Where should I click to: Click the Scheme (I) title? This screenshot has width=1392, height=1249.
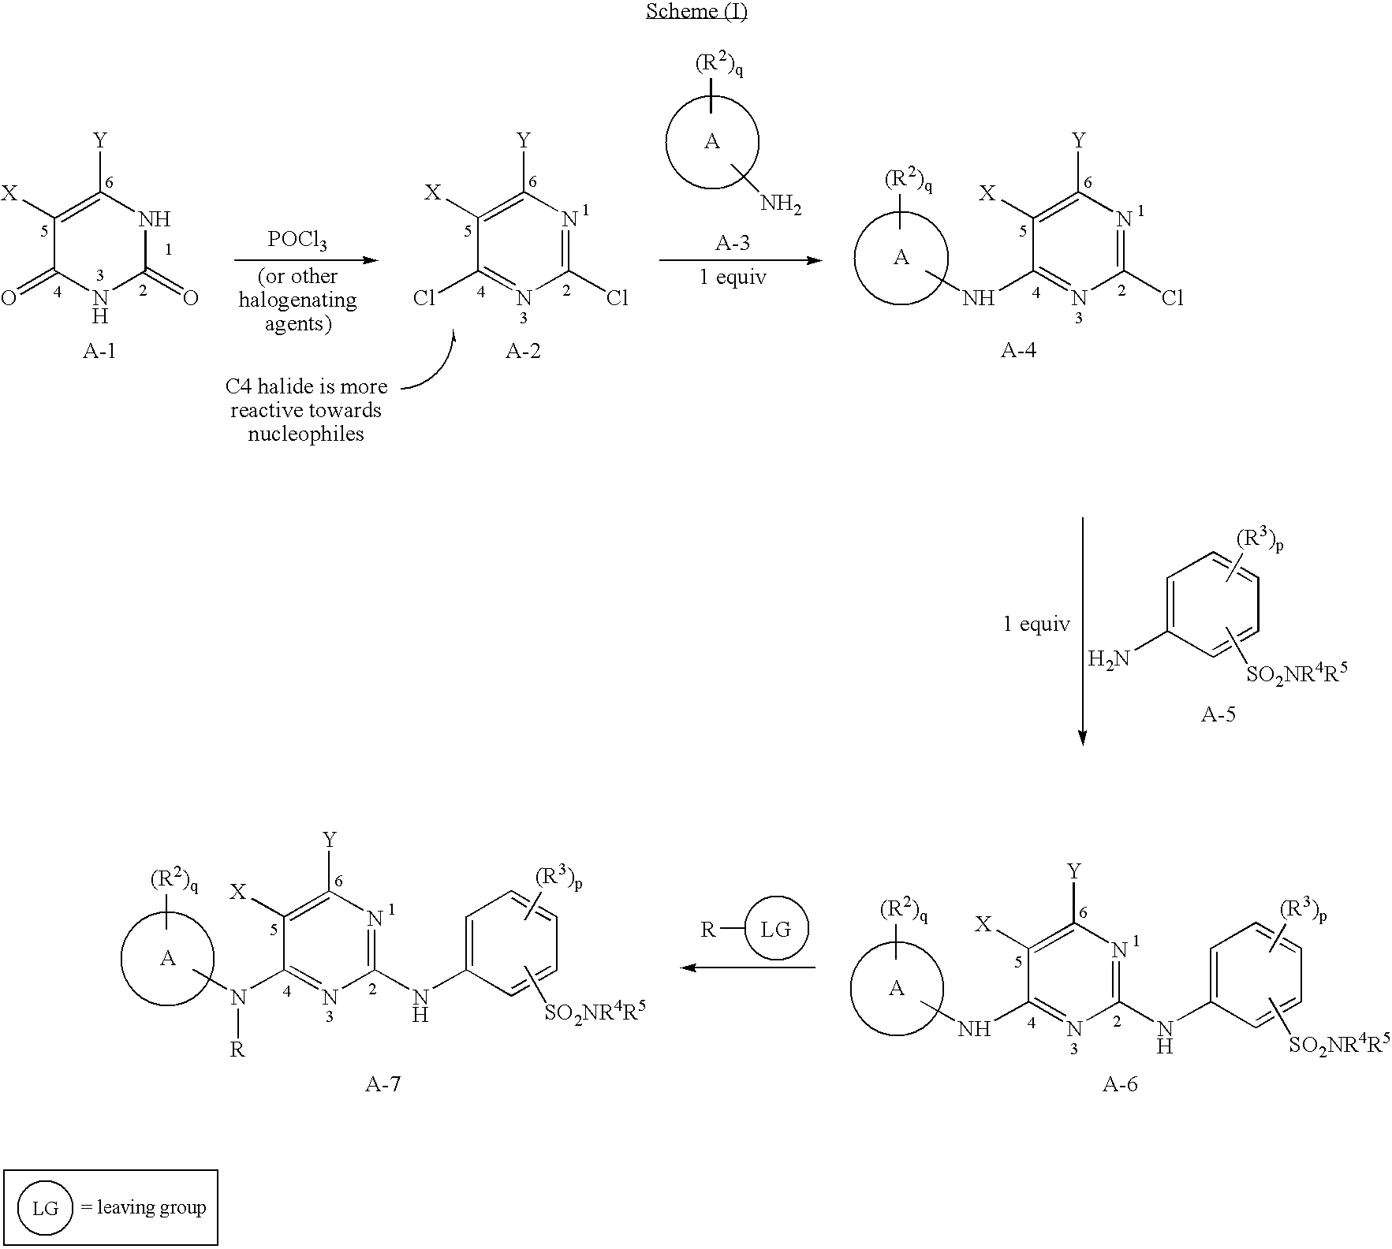[696, 13]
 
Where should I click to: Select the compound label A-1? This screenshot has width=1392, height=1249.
[99, 352]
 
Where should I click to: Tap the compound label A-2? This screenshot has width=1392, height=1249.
[523, 352]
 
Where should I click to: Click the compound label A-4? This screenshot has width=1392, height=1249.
[1019, 352]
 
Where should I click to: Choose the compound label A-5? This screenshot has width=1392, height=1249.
[1218, 715]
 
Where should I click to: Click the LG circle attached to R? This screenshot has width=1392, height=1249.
[776, 929]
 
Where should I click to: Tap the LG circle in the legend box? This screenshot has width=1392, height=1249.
[45, 1208]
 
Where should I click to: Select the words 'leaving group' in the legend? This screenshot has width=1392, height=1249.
[151, 1207]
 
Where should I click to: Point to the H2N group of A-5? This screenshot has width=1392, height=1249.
[1108, 658]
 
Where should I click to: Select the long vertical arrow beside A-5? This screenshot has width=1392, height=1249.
[1082, 631]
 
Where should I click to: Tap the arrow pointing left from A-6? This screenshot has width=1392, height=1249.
[748, 967]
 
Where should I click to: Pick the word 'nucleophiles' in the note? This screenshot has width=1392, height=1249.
[306, 434]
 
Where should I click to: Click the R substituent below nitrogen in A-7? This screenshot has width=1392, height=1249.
[237, 1050]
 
